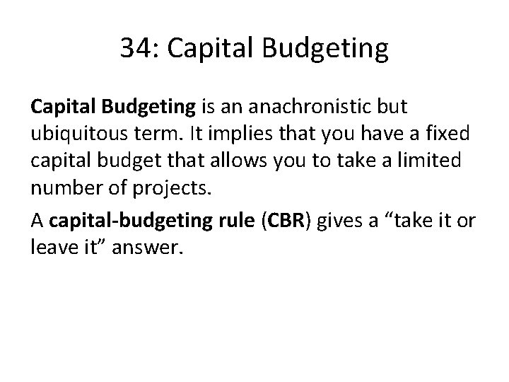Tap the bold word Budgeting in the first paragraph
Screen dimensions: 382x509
(x=148, y=108)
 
